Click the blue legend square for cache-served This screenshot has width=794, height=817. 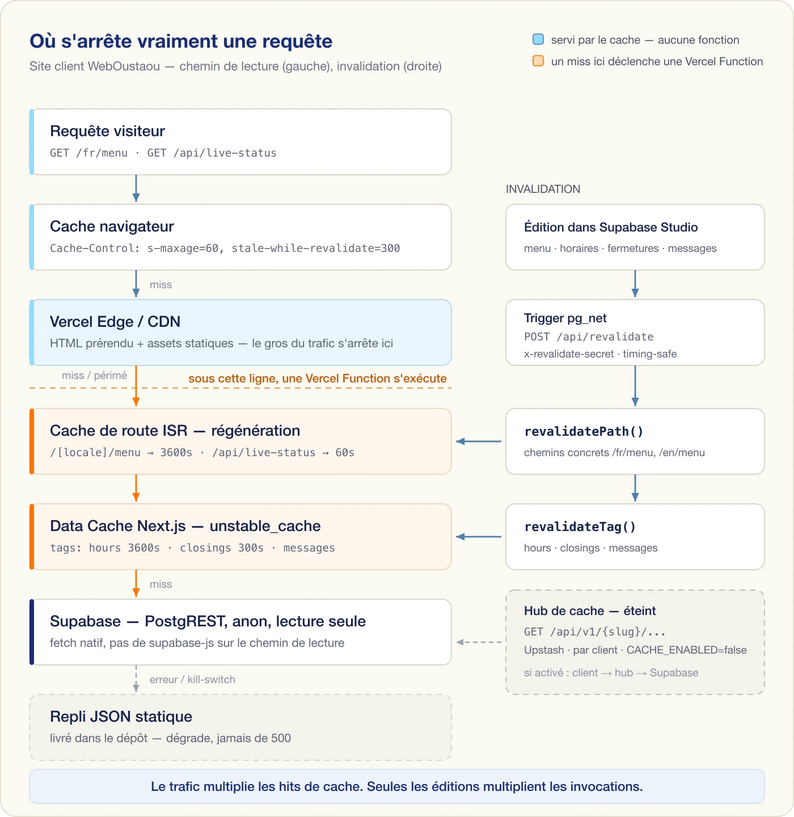(x=538, y=40)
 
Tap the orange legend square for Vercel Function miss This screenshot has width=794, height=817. (x=538, y=61)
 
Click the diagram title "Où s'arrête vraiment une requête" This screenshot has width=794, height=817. (x=181, y=41)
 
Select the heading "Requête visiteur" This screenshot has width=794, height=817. (x=107, y=131)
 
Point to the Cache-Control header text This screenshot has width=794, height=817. (x=225, y=248)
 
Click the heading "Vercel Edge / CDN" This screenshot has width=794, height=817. (x=115, y=322)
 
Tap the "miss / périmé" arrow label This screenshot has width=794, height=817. (x=94, y=376)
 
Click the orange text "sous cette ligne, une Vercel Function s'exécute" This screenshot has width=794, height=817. (x=318, y=378)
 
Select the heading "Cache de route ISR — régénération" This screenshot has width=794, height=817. (x=175, y=430)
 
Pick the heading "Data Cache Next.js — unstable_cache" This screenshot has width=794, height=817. (x=185, y=525)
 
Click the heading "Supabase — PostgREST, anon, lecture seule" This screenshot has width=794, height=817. (x=208, y=621)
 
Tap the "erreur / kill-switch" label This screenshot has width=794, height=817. (x=193, y=679)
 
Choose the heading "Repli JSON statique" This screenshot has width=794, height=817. (x=121, y=716)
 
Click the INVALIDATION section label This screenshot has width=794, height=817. (x=543, y=189)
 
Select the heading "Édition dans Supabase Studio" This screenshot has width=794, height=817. (x=611, y=227)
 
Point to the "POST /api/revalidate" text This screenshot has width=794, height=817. (x=589, y=336)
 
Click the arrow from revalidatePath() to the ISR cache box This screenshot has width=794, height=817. (x=479, y=441)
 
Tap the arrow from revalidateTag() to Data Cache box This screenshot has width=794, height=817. (x=479, y=537)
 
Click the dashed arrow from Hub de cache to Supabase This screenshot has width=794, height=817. (x=479, y=642)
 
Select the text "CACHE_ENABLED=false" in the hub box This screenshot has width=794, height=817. (x=687, y=650)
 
